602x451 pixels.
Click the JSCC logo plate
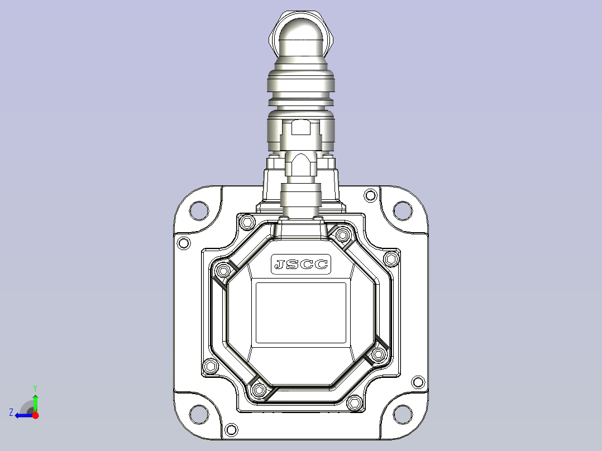[301, 264]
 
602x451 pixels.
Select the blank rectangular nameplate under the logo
[301, 313]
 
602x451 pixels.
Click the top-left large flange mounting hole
[199, 211]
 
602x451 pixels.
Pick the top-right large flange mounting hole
[403, 211]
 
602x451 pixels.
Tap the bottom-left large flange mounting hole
[199, 415]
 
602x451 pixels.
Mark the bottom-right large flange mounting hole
[403, 415]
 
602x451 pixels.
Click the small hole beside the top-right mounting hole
[370, 195]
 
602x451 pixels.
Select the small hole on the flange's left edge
[184, 243]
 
